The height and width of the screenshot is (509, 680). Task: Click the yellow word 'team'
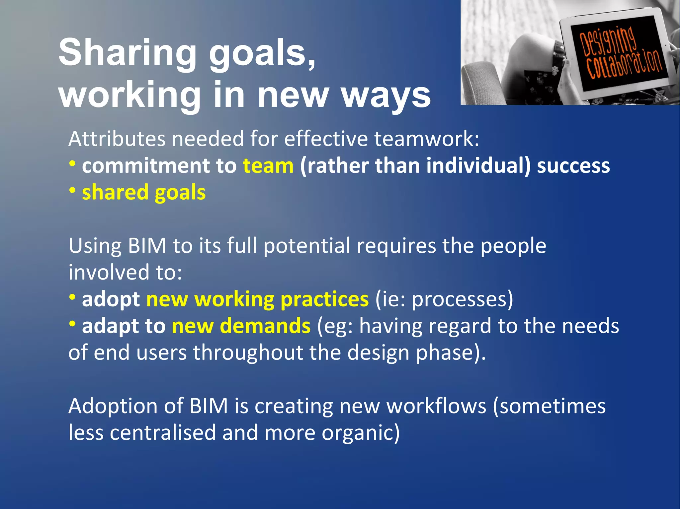[x=268, y=166]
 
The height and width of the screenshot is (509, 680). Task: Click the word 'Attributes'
[x=117, y=139]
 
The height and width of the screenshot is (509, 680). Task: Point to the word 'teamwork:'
[x=427, y=139]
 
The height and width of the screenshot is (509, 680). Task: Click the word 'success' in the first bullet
[x=573, y=166]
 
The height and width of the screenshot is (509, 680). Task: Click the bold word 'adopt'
[x=111, y=300]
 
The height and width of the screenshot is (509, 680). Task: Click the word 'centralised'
[x=163, y=433]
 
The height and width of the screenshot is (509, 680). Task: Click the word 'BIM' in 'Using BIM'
[x=147, y=246]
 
